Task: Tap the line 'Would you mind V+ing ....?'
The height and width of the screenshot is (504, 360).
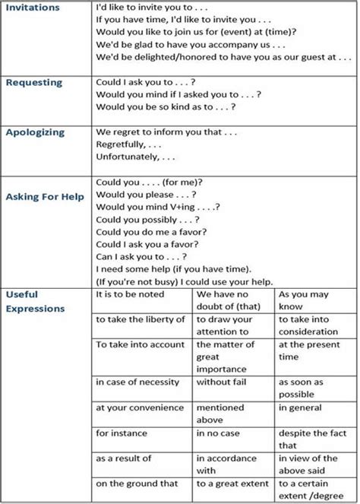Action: click(158, 207)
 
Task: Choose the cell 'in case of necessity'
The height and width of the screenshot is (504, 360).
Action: click(137, 382)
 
